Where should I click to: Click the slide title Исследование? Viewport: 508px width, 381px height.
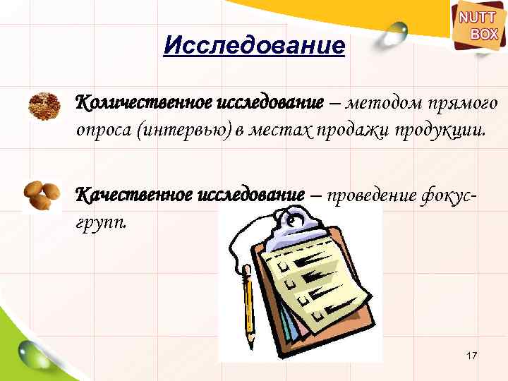click(254, 47)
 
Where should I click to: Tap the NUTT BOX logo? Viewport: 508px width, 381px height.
click(478, 27)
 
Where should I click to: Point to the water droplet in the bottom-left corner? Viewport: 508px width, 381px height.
click(32, 352)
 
